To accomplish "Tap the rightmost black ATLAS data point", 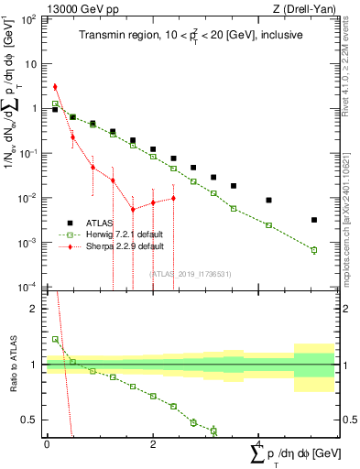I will click(313, 220).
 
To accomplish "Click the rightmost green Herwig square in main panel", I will click(313, 250).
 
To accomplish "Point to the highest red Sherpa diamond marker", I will click(55, 87).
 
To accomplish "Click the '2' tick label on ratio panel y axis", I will click(34, 309).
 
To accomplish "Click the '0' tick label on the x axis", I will click(47, 443).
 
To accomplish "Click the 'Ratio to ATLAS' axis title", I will click(11, 365).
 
